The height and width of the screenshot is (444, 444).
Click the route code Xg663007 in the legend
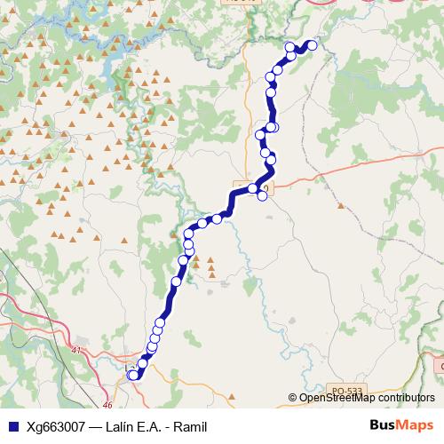click(x=54, y=427)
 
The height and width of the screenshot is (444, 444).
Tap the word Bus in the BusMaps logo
click(x=383, y=425)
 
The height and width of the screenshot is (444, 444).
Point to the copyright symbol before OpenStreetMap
click(x=293, y=398)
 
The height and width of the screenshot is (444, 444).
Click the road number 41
click(x=76, y=350)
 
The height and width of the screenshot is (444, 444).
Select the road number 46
click(x=107, y=405)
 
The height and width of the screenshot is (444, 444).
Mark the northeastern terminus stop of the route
click(x=312, y=45)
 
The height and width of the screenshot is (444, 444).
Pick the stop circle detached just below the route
click(x=263, y=196)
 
